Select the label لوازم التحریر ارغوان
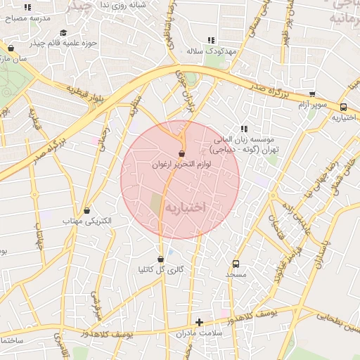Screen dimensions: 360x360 [181, 164]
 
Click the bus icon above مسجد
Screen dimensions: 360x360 [235, 264]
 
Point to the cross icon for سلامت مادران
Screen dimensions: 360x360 [200, 321]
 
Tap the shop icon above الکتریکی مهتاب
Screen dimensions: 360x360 [87, 210]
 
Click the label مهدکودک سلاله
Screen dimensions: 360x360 [205, 51]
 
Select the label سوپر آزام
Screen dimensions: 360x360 [311, 105]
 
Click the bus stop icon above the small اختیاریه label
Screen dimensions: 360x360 [343, 108]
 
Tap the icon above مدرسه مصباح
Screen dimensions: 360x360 [27, 7]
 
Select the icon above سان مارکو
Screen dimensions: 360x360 [11, 49]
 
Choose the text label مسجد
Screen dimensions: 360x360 [234, 275]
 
